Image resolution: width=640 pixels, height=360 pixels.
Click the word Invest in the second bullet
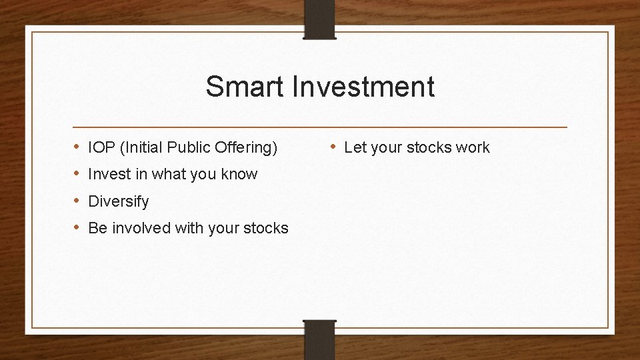coord(109,175)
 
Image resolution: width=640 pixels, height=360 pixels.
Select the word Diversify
coord(119,201)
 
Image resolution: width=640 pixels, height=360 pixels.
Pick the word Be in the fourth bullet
coord(97,228)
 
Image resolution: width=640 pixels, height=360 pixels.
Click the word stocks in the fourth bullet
coord(266,228)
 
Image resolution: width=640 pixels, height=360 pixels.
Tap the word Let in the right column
coord(355,148)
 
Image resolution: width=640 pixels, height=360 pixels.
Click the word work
coord(472,148)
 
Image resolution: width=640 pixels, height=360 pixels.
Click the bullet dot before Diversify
coord(77,201)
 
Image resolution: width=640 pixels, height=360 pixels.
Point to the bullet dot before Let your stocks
coord(334,147)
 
